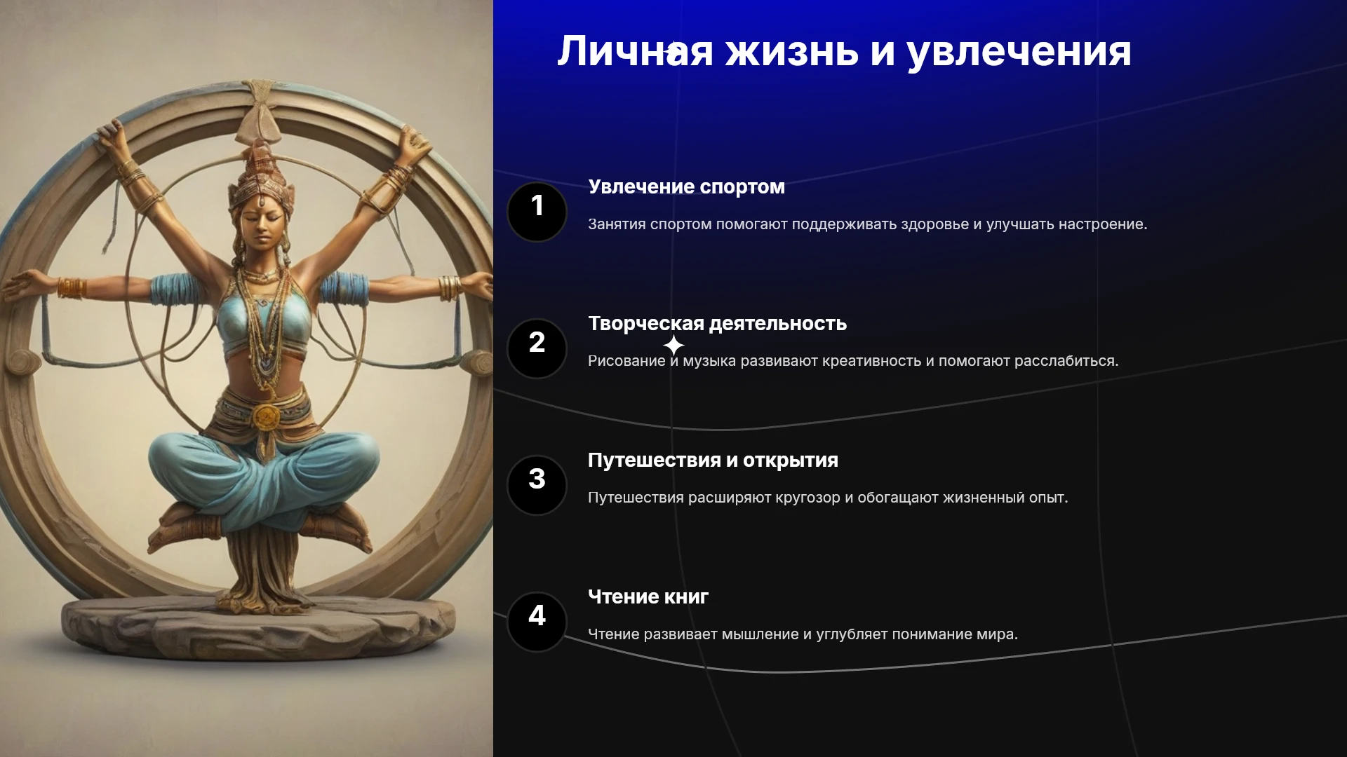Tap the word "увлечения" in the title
[1019, 53]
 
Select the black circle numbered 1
[537, 212]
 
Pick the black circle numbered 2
[537, 348]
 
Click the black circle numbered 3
[537, 485]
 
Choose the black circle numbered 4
[537, 622]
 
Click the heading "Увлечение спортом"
[686, 187]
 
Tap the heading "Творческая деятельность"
[717, 324]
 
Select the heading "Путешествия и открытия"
[713, 461]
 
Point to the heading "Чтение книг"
[648, 597]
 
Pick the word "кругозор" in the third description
[807, 498]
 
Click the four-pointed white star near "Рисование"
[673, 346]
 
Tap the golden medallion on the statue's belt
[267, 417]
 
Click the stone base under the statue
[258, 627]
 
